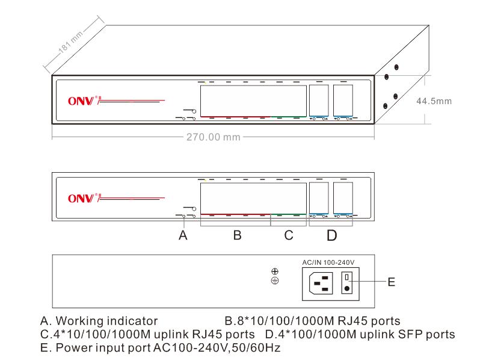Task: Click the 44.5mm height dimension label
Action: coord(434,101)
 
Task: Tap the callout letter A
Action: coord(183,236)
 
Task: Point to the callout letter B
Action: coord(238,236)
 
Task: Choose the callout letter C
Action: coord(289,236)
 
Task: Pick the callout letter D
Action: coord(331,236)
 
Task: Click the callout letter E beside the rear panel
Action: coord(392,282)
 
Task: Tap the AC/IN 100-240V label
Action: coord(327,262)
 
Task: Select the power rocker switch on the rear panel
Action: coord(346,282)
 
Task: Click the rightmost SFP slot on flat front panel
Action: coord(343,196)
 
